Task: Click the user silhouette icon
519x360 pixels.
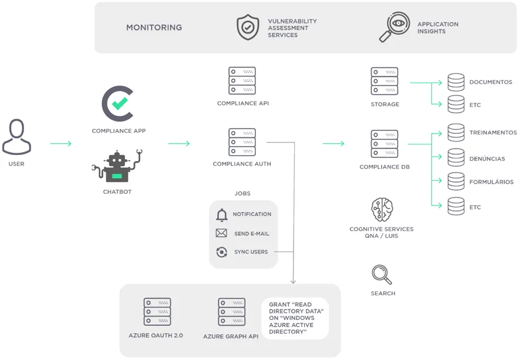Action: (16, 137)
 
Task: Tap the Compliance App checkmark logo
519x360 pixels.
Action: (117, 104)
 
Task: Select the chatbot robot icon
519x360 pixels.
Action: (117, 166)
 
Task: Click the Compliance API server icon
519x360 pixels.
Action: (242, 81)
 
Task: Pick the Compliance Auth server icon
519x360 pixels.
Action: (242, 142)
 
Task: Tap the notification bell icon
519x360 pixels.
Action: (221, 215)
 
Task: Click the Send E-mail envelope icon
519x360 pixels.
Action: (221, 233)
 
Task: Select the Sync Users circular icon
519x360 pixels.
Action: (221, 252)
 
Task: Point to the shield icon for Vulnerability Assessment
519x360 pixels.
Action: (248, 27)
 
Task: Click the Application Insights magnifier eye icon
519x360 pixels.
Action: (394, 27)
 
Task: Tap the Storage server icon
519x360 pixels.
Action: (385, 81)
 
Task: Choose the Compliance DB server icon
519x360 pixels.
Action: (385, 144)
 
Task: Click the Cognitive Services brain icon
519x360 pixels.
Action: (382, 210)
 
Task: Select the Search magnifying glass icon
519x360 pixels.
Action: (382, 275)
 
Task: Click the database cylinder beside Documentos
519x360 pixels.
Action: (456, 82)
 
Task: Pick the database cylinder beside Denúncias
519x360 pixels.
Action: (456, 157)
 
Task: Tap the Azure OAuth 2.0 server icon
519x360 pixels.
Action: (157, 312)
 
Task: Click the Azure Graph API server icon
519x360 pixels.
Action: (232, 312)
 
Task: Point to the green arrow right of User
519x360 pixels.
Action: (60, 143)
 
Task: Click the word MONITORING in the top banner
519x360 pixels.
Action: (154, 28)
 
